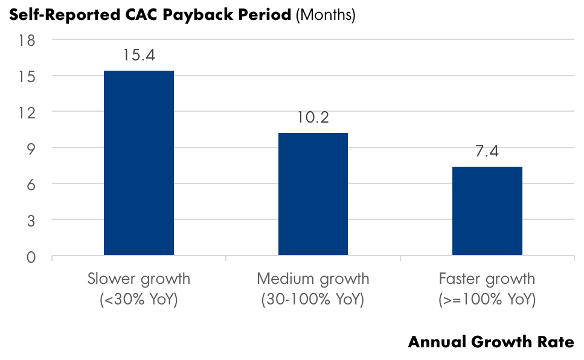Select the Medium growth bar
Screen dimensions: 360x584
[x=313, y=194]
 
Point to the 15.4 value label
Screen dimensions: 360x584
[x=139, y=56]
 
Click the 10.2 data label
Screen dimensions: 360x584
[x=313, y=118]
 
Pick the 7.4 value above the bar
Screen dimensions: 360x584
[x=487, y=152]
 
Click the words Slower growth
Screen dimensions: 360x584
[x=139, y=279]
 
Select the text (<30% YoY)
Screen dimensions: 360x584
[x=139, y=300]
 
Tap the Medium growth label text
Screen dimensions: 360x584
[x=313, y=279]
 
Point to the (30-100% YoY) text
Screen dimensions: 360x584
[x=313, y=300]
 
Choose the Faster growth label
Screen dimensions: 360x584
[x=487, y=279]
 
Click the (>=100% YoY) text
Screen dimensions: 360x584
[x=487, y=300]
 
